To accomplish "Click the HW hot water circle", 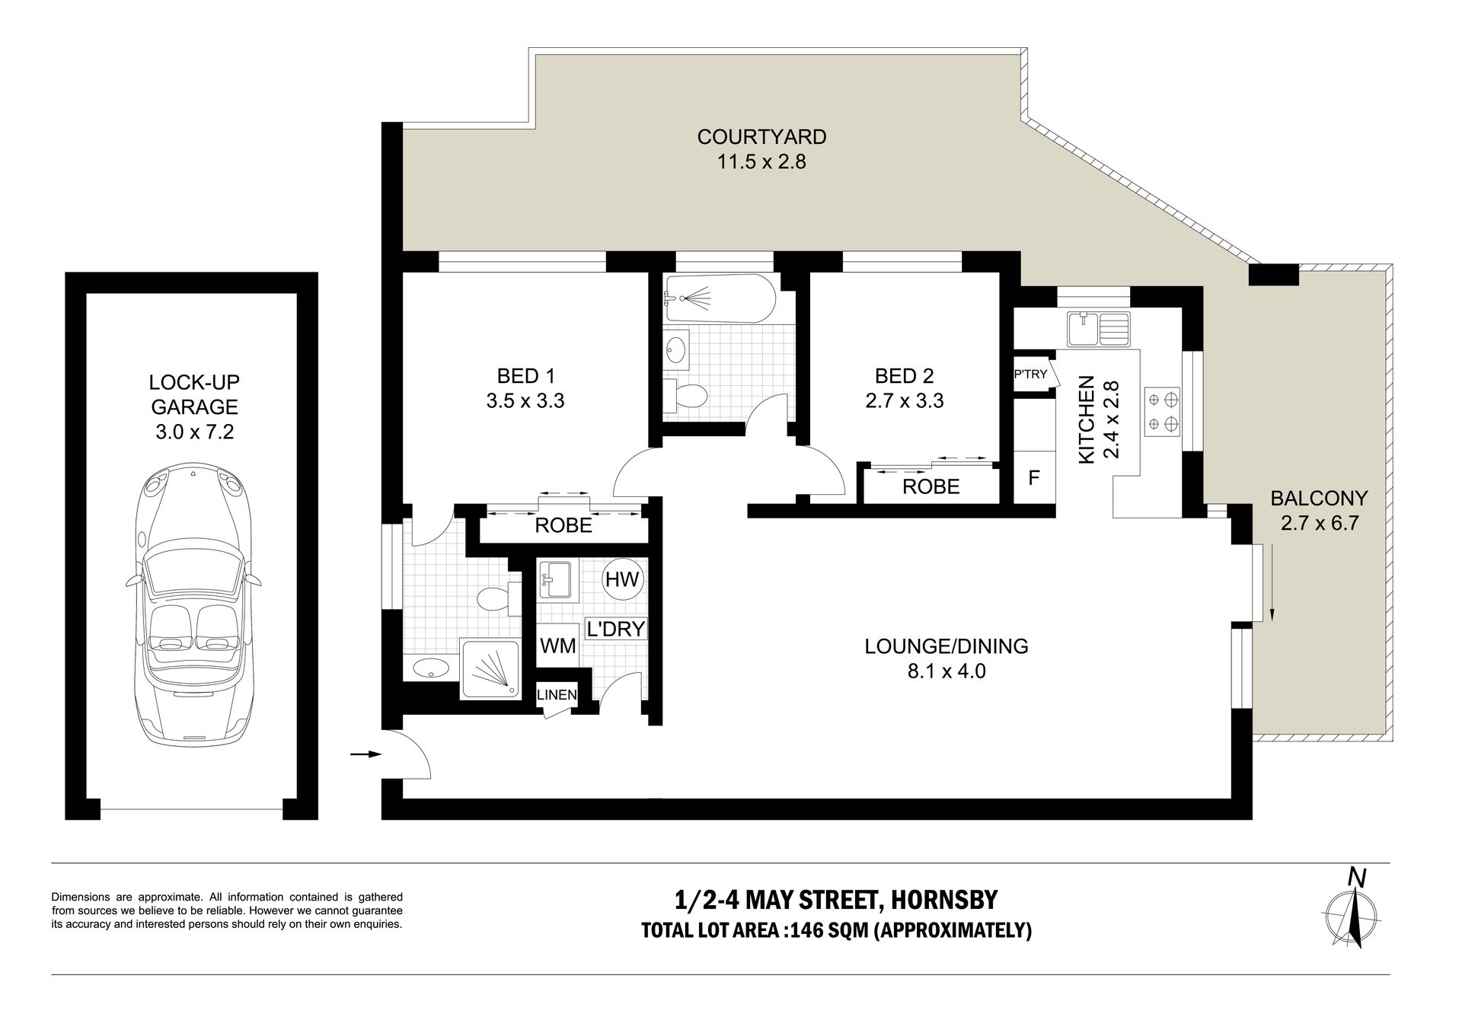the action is pyautogui.click(x=623, y=579).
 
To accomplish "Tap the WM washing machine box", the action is pyautogui.click(x=558, y=646).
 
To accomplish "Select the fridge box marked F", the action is pyautogui.click(x=1033, y=478).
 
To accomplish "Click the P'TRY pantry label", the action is pyautogui.click(x=1030, y=374).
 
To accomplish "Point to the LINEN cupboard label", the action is pyautogui.click(x=557, y=694).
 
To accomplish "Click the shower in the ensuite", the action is pyautogui.click(x=490, y=669).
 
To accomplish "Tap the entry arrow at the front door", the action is pyautogui.click(x=365, y=754).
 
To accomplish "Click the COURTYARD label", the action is pyautogui.click(x=761, y=137).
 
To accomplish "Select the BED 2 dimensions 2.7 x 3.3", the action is pyautogui.click(x=905, y=400).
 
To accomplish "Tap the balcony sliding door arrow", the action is pyautogui.click(x=1272, y=582).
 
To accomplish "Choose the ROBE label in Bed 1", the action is pyautogui.click(x=563, y=524).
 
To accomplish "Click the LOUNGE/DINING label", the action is pyautogui.click(x=946, y=646).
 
